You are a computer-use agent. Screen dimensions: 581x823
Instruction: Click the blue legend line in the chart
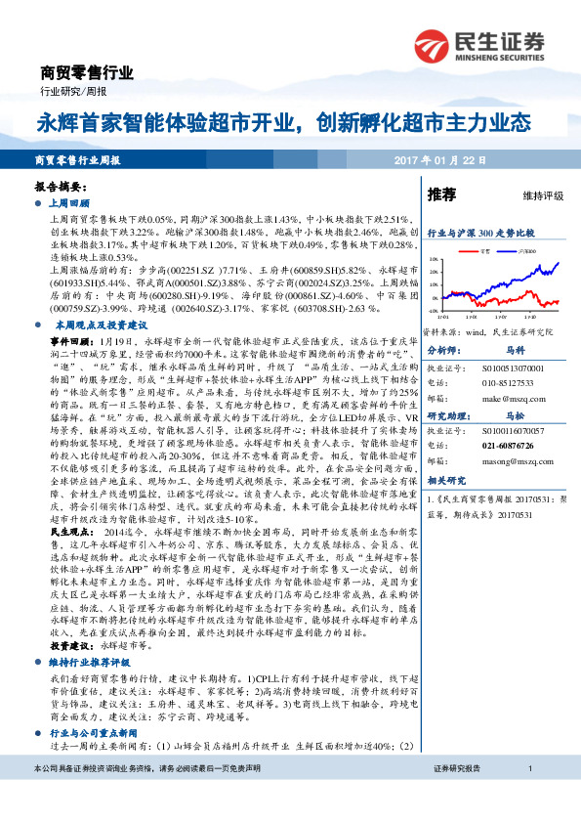[x=508, y=251]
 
